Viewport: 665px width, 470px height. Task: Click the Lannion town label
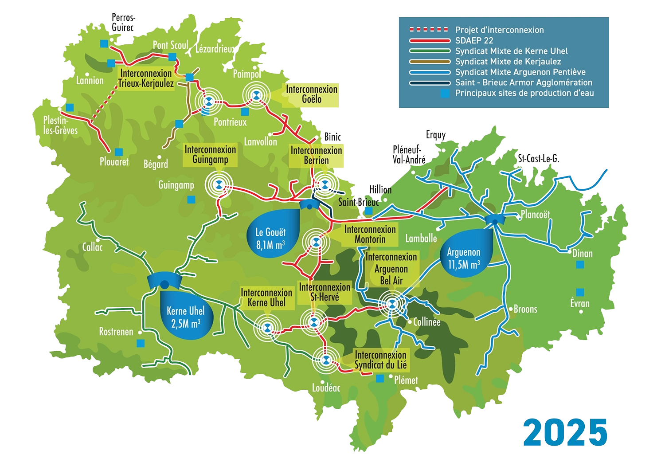[90, 81]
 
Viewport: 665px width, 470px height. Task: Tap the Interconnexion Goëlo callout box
[312, 94]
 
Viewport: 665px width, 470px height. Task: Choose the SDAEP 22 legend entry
[474, 40]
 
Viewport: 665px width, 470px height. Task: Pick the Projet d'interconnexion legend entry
[499, 30]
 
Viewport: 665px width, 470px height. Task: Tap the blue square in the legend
[446, 94]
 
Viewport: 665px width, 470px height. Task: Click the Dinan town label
[582, 254]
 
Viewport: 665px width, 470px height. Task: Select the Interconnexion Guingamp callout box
[210, 155]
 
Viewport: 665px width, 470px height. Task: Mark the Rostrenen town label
[116, 332]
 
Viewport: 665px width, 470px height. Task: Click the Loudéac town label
[326, 388]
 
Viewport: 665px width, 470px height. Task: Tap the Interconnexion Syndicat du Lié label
[380, 360]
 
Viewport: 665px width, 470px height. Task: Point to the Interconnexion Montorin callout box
[370, 234]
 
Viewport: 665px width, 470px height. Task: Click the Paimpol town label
[246, 74]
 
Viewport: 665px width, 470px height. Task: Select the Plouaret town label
[114, 162]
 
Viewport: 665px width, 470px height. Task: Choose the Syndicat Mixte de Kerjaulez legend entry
[508, 62]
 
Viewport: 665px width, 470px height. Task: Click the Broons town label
[525, 309]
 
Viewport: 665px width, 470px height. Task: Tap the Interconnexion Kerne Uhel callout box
[266, 298]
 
